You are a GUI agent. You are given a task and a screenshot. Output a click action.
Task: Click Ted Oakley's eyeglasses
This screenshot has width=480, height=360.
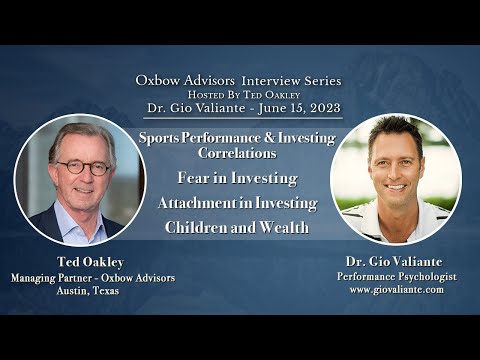coord(82,167)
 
